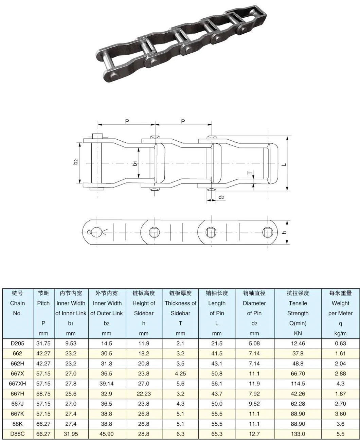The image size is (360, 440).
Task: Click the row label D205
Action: coord(17,344)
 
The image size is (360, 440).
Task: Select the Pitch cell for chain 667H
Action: coord(43,394)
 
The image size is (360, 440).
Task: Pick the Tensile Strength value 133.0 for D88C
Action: coord(298,434)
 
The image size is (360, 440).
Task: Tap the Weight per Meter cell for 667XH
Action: coord(340,384)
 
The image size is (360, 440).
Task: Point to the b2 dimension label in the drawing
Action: coord(76,162)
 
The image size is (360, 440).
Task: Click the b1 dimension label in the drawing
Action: coord(135,164)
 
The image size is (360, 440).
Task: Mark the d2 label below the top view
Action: coord(221,197)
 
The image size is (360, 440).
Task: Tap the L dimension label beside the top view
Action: coord(284,165)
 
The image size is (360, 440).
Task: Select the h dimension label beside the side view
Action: coord(284,232)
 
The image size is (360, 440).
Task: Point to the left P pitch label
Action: coord(127,121)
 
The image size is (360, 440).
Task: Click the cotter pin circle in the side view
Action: coord(89,232)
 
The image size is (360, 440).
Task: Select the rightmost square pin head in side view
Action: coord(267,232)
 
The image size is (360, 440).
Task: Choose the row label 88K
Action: coord(17,424)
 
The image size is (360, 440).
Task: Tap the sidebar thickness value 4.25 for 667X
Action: coord(180,374)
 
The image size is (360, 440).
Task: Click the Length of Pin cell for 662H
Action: coord(217,364)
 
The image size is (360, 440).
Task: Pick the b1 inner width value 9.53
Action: coord(71,344)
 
